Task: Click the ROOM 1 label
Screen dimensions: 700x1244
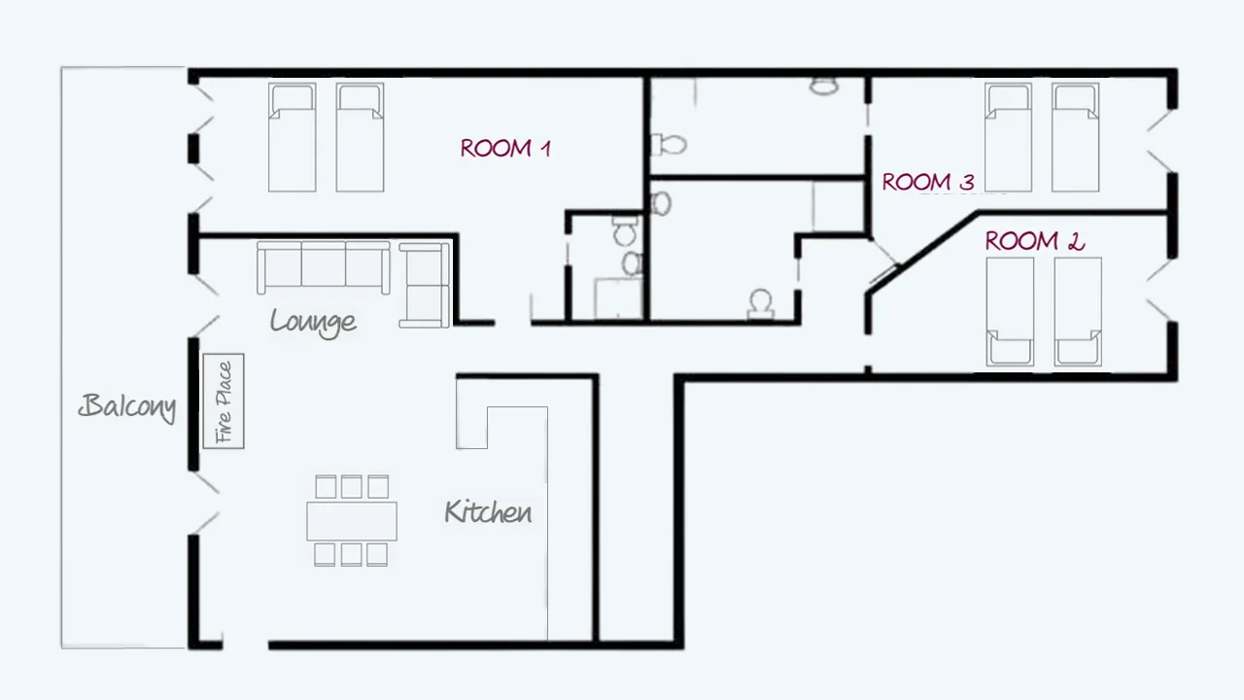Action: pyautogui.click(x=505, y=149)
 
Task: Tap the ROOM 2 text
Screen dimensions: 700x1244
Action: pyautogui.click(x=1034, y=241)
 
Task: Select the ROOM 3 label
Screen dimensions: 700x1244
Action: pyautogui.click(x=928, y=182)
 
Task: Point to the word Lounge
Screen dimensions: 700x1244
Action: pyautogui.click(x=313, y=321)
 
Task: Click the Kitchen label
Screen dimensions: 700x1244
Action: pyautogui.click(x=488, y=511)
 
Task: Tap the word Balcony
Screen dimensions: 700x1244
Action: pyautogui.click(x=127, y=406)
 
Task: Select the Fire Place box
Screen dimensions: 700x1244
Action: pyautogui.click(x=224, y=402)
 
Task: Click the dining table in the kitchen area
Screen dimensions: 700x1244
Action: pyautogui.click(x=352, y=520)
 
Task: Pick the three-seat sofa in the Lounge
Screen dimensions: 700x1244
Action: pyautogui.click(x=324, y=266)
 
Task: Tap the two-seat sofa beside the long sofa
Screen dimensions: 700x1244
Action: pyautogui.click(x=425, y=285)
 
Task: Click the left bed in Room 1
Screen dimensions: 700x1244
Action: pyautogui.click(x=292, y=137)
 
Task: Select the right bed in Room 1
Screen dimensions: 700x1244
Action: pyautogui.click(x=360, y=137)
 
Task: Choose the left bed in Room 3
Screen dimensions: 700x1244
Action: pyautogui.click(x=1008, y=137)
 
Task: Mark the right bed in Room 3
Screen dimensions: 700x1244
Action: pyautogui.click(x=1076, y=137)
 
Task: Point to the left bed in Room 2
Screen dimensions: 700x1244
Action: pyautogui.click(x=1010, y=311)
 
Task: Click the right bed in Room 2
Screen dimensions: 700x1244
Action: pyautogui.click(x=1078, y=311)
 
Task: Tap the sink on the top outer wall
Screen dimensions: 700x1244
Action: pyautogui.click(x=824, y=86)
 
